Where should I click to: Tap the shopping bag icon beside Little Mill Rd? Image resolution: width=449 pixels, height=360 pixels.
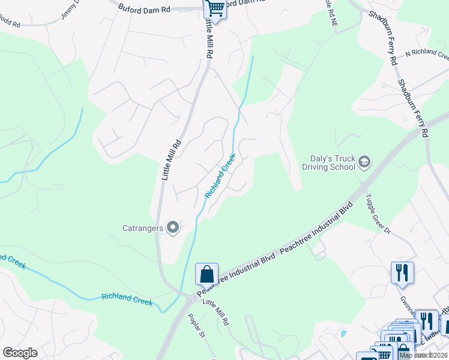tap(206, 274)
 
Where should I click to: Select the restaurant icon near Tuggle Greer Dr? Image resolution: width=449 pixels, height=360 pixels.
tap(402, 272)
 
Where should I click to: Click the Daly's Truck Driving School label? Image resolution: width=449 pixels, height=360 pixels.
tap(328, 162)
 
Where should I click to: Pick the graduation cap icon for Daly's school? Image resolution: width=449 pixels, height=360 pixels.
tap(364, 162)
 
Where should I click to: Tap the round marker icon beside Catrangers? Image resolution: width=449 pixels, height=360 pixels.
tap(173, 227)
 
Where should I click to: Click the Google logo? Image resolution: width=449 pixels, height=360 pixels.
tap(19, 353)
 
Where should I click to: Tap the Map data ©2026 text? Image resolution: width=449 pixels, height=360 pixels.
tap(423, 355)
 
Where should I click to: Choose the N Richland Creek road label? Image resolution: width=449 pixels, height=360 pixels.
tap(427, 55)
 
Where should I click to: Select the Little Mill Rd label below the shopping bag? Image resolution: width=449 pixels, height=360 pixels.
tap(215, 312)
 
